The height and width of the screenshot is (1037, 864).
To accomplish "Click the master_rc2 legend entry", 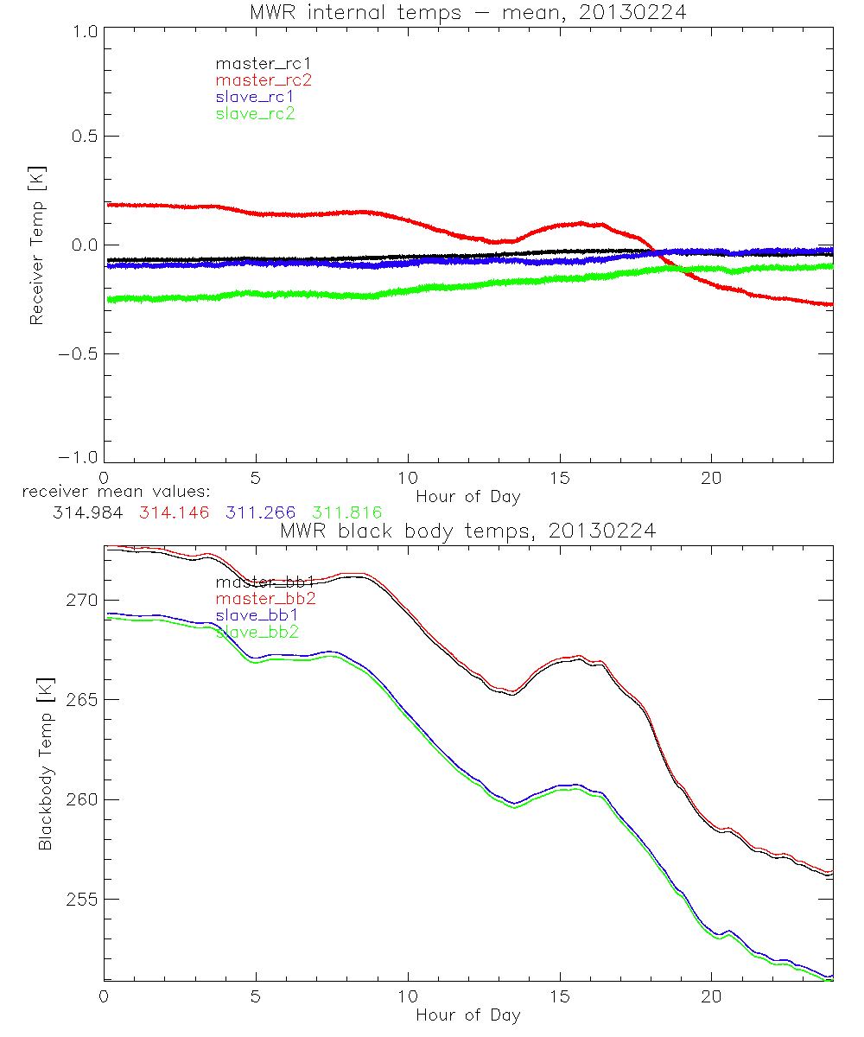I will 264,80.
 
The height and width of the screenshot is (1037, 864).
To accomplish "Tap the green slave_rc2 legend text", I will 255,113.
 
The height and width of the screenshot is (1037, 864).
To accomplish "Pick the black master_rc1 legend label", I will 264,64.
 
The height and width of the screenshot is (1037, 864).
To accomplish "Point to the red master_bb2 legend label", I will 264,599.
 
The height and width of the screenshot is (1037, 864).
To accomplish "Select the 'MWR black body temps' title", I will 467,531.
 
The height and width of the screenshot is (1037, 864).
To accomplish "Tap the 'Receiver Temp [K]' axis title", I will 36,246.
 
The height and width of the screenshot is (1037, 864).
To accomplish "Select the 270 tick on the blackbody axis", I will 80,601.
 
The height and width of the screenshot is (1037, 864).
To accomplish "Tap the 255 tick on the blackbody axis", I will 80,900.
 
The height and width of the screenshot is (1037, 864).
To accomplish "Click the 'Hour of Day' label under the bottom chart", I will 467,1015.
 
